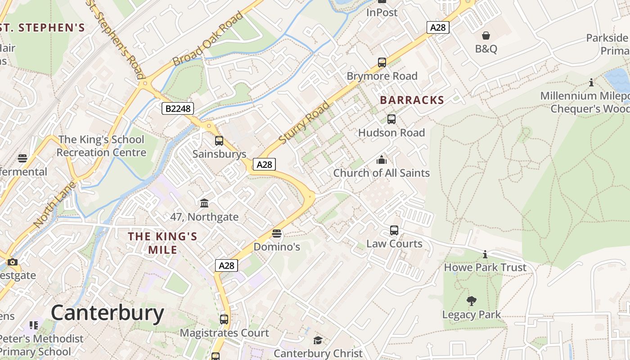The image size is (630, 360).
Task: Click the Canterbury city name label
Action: click(107, 313)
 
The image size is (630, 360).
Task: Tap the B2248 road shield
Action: click(178, 108)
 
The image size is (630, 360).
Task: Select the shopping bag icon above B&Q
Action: click(486, 36)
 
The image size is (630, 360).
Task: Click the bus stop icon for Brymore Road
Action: click(382, 63)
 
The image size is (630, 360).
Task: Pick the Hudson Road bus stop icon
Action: click(391, 119)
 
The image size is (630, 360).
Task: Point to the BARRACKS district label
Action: click(412, 100)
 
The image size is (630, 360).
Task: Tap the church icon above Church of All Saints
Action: click(382, 160)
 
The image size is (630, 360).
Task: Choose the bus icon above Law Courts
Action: click(394, 230)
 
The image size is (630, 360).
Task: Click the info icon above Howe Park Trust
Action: click(485, 254)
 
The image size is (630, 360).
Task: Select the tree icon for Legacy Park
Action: click(472, 301)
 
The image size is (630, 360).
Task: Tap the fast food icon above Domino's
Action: click(277, 234)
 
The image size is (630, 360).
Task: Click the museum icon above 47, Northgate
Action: click(204, 203)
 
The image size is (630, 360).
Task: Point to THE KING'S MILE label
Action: click(162, 243)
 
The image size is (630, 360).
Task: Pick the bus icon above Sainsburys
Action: click(219, 141)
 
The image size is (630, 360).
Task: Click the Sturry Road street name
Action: click(304, 123)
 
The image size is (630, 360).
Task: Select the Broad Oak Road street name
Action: click(208, 39)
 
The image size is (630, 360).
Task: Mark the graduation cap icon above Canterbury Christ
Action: click(318, 340)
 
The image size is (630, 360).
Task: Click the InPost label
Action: click(382, 13)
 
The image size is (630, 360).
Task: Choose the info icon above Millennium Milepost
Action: click(591, 82)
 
